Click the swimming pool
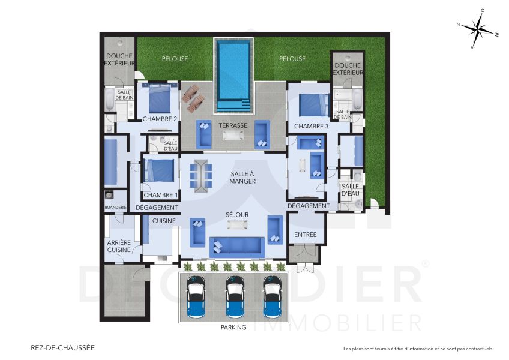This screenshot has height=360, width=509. tap(234, 74)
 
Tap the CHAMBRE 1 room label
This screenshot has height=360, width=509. tap(159, 195)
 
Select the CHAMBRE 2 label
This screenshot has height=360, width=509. tap(160, 119)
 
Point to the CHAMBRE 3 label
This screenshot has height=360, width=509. tap(311, 126)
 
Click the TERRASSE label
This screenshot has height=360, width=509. tap(233, 125)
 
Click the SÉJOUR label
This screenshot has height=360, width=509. tap(238, 214)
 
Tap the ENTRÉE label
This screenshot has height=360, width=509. tap(306, 235)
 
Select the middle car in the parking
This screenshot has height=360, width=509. tap(234, 297)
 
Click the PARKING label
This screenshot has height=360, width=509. tap(233, 328)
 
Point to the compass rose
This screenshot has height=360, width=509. tap(478, 28)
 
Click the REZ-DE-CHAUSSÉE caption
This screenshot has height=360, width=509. tap(62, 347)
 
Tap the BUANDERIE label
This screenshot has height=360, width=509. tap(115, 208)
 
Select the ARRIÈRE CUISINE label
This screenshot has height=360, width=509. tap(118, 245)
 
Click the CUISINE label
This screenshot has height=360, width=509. tap(163, 221)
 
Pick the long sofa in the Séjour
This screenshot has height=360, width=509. tap(236, 245)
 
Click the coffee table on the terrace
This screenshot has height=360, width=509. tap(233, 136)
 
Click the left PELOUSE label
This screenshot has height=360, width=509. tap(175, 59)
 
